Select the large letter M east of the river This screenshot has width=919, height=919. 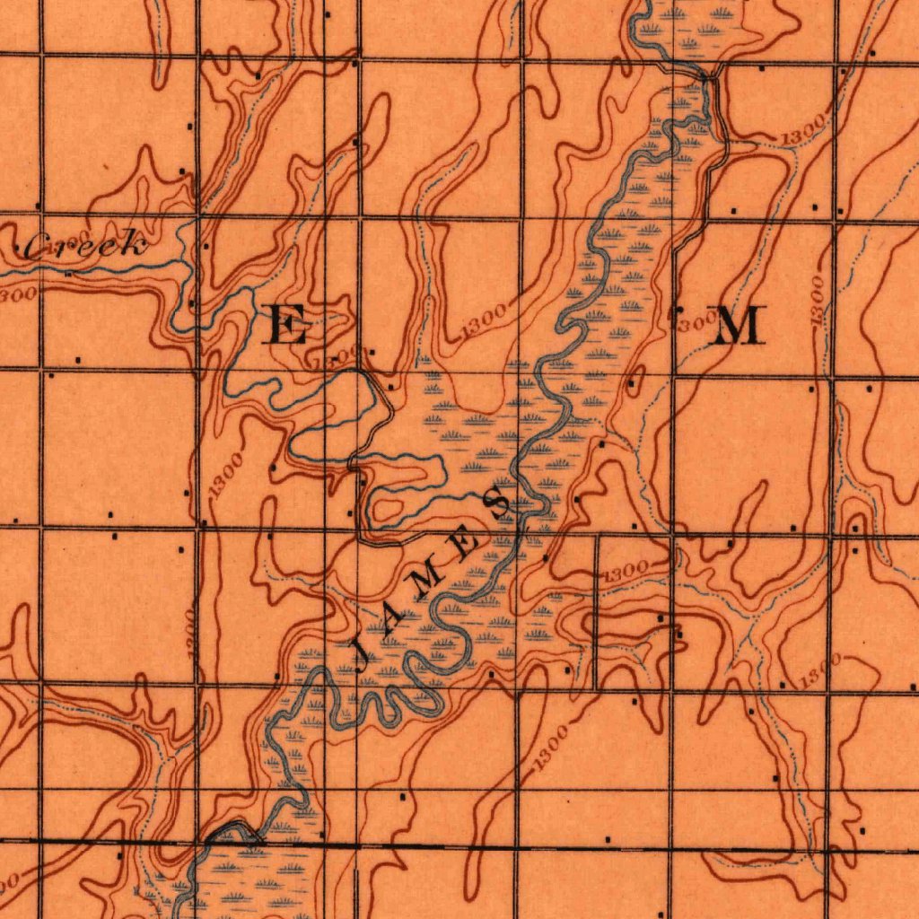(738, 325)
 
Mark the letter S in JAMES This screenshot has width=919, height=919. (499, 502)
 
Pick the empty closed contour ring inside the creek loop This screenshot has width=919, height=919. (388, 510)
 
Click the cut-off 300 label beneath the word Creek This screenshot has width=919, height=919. (18, 293)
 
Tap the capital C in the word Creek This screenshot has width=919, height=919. (38, 247)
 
